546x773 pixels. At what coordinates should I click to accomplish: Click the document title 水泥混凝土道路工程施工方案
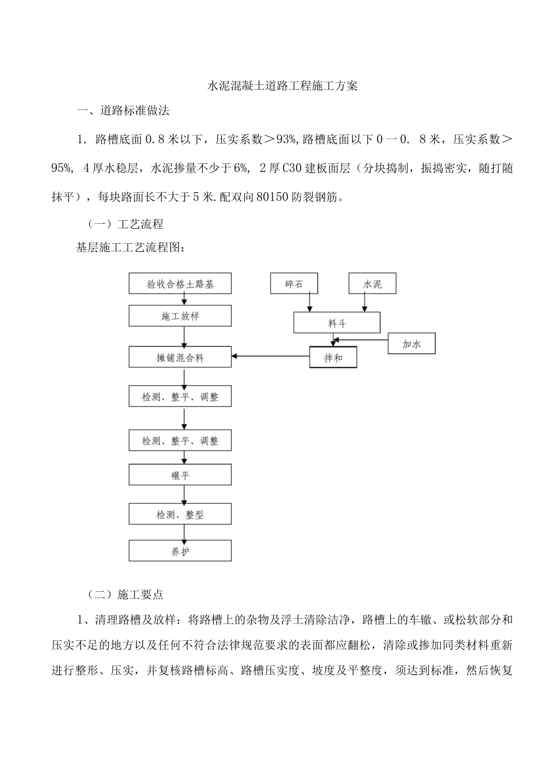[282, 86]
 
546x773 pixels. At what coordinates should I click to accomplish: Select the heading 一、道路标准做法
[124, 110]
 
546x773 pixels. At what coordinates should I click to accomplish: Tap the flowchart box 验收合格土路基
[180, 284]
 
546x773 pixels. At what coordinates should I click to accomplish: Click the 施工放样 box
[180, 316]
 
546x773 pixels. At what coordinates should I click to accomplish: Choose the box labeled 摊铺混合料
[180, 357]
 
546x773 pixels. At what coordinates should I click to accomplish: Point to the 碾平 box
[180, 475]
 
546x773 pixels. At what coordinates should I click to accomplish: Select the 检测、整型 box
[180, 514]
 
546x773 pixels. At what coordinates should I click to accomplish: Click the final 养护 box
[180, 551]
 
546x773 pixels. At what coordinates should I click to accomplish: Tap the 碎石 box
[294, 284]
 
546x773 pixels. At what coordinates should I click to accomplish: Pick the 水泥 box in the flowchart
[372, 284]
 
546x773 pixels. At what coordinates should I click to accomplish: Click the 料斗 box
[337, 323]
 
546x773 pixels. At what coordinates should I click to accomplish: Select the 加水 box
[412, 344]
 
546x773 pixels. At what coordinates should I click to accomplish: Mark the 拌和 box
[333, 357]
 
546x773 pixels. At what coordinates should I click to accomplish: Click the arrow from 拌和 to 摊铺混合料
[270, 357]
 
